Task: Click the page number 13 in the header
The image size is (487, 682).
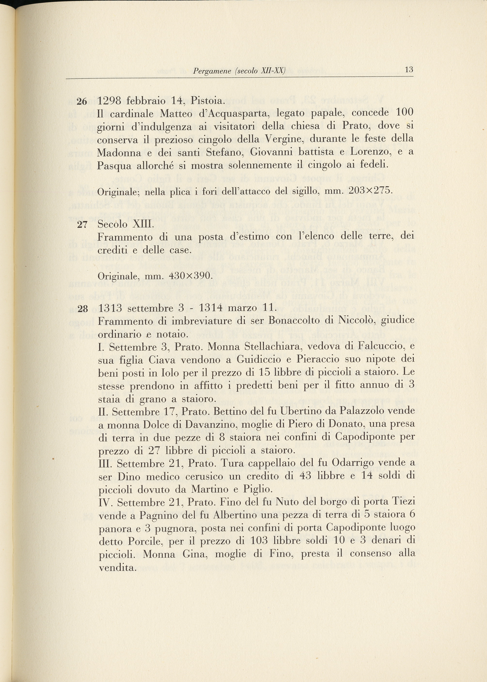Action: pos(409,70)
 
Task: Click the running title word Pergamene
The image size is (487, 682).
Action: pos(212,71)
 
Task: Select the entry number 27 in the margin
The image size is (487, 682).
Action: pos(82,225)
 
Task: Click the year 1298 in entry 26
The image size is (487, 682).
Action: pos(110,101)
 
